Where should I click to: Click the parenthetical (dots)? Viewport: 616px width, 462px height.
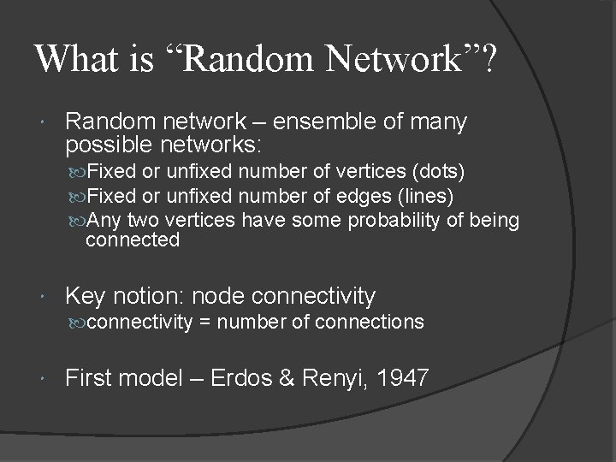(436, 172)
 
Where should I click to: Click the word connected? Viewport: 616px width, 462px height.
(133, 240)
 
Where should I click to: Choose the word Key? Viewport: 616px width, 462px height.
(83, 297)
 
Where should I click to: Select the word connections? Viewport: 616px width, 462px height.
(370, 322)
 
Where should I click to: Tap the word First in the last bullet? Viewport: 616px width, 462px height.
(89, 378)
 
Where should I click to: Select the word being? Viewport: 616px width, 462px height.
(495, 221)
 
